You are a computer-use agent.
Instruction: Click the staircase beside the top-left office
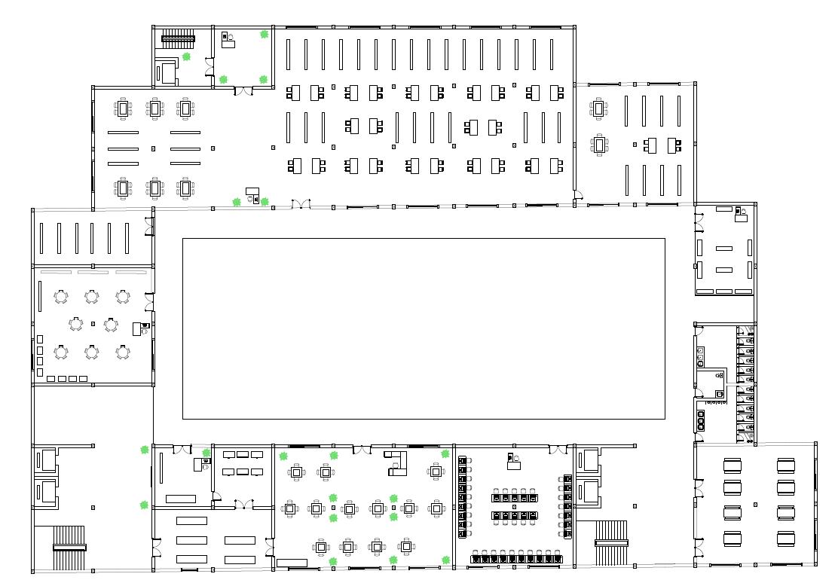pos(178,37)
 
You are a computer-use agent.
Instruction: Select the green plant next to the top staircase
pos(186,56)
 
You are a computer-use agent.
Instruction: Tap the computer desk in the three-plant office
pos(228,41)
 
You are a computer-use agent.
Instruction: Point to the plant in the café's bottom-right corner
pos(446,560)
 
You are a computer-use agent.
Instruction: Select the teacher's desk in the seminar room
pos(514,462)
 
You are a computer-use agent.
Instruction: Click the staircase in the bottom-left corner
pos(69,548)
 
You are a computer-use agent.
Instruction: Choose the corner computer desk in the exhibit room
pos(740,215)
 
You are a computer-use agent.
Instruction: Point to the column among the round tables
pos(93,324)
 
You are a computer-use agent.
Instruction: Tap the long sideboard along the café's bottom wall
pos(292,563)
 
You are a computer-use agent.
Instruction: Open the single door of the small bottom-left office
pos(216,496)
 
